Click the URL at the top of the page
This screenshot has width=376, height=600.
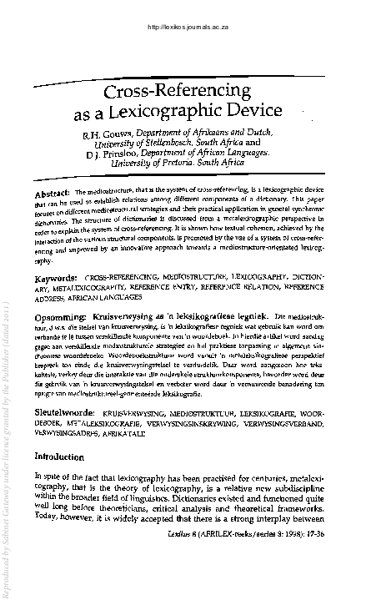188,27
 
